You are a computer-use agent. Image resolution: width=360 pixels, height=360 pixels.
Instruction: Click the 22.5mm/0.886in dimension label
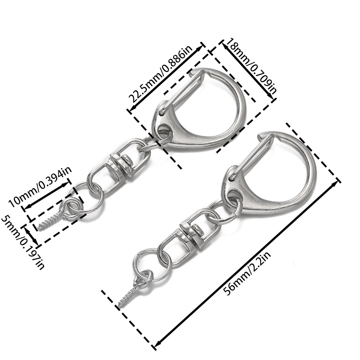click(x=161, y=75)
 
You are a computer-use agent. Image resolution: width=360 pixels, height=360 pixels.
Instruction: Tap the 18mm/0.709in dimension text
click(x=251, y=64)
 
